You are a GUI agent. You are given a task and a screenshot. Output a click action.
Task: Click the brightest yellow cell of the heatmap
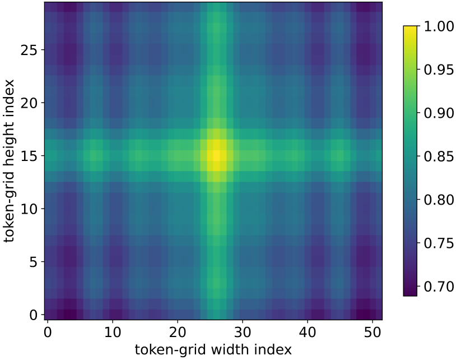click(217, 155)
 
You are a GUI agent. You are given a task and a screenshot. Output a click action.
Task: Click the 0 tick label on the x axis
click(48, 332)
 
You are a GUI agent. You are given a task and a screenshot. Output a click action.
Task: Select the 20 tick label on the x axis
click(178, 332)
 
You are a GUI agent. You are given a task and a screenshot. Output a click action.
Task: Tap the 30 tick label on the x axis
click(243, 332)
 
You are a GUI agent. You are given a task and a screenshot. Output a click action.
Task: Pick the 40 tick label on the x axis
click(308, 332)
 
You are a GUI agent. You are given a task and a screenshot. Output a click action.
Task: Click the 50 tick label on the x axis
click(373, 332)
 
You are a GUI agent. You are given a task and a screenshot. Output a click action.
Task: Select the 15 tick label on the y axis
click(29, 156)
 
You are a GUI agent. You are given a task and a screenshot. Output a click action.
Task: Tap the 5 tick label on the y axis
click(33, 262)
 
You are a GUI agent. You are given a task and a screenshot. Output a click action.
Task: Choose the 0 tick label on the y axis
click(33, 315)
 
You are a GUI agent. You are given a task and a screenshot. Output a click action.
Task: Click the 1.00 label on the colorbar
click(439, 26)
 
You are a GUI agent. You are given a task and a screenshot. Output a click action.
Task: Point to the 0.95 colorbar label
click(439, 70)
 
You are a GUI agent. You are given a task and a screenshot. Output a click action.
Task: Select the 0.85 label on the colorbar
click(439, 156)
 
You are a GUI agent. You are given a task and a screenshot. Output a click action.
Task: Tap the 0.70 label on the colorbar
click(439, 287)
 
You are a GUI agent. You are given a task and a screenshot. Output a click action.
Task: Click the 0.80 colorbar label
click(439, 200)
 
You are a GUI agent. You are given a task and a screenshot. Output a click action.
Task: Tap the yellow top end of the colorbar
click(410, 27)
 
